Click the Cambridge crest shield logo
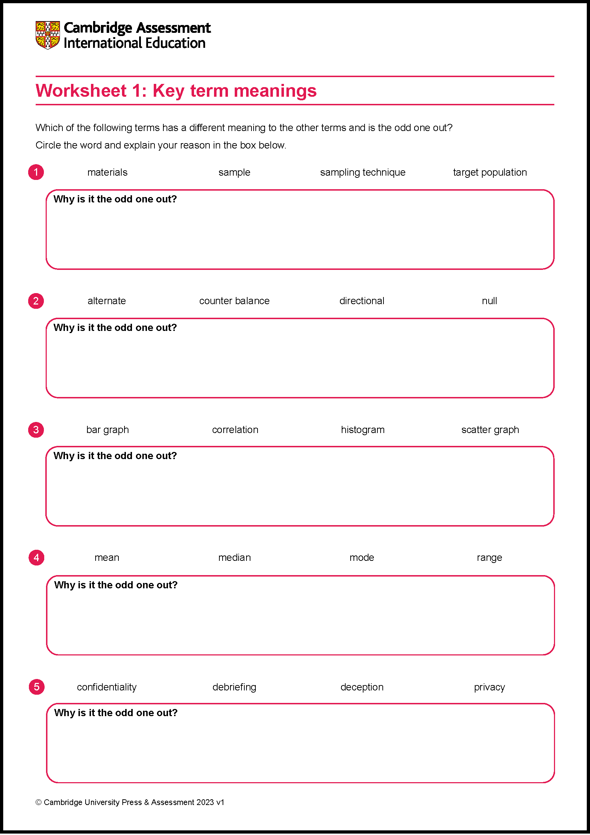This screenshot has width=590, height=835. click(x=47, y=35)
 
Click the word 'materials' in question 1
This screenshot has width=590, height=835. click(x=107, y=172)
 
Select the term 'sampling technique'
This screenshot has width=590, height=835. click(x=362, y=172)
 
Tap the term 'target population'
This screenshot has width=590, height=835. click(x=490, y=172)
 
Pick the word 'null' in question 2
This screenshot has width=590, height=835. click(x=489, y=301)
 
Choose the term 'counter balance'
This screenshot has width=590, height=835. click(x=234, y=301)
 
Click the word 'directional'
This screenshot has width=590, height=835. click(x=361, y=301)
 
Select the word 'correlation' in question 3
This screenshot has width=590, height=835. click(x=235, y=429)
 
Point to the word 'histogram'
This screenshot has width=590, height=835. click(x=362, y=429)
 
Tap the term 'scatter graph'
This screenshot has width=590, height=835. click(x=490, y=429)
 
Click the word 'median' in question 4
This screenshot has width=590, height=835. click(x=234, y=558)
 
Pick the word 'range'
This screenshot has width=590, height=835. click(x=489, y=558)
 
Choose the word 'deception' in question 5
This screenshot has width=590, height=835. click(x=362, y=687)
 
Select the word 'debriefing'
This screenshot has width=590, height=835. click(x=234, y=687)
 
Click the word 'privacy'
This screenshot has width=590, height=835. click(x=489, y=687)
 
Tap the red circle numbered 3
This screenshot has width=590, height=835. click(x=36, y=430)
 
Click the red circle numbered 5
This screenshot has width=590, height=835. click(x=37, y=687)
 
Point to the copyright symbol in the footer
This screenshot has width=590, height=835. click(x=39, y=802)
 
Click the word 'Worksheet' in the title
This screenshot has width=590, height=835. click(x=81, y=91)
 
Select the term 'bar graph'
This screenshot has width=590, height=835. click(x=107, y=429)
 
